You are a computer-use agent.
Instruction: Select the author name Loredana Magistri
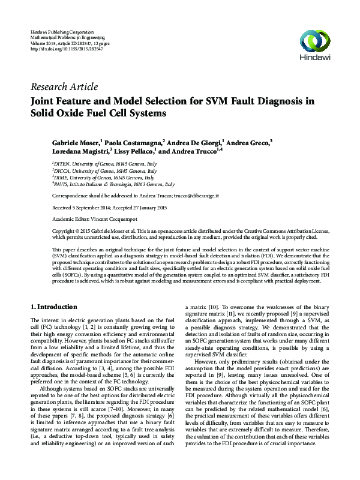[80, 152]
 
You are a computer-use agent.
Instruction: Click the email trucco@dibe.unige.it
[196, 196]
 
